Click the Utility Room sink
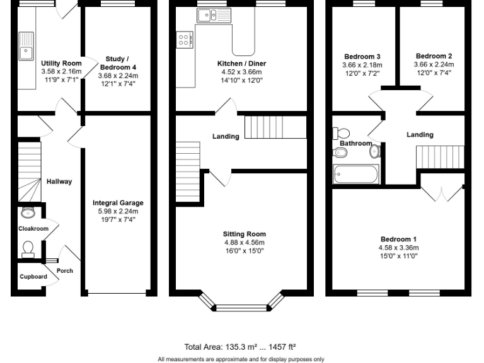26,48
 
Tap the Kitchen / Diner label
241,64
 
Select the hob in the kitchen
185,40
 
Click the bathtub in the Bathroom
356,173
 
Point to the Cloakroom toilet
28,250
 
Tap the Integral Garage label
118,203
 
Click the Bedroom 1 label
398,239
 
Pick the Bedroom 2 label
432,55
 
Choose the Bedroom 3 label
362,56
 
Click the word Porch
65,271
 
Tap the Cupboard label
33,277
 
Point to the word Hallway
59,181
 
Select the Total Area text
240,347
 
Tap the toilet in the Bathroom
342,134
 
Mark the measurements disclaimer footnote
241,359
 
